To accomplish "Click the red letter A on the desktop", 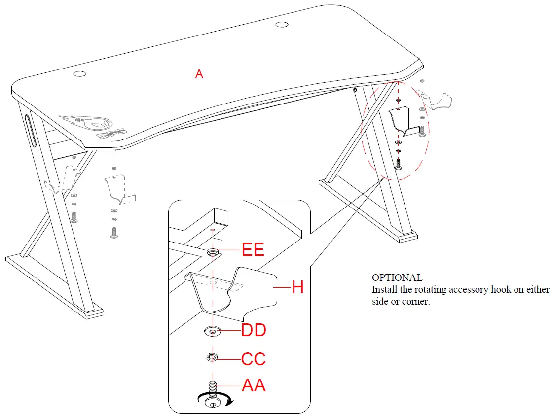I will (x=199, y=74).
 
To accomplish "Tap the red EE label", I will (x=253, y=250).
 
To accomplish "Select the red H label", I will (x=297, y=287).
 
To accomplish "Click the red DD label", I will (x=254, y=330).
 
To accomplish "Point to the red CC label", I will (x=254, y=359).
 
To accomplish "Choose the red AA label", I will (x=254, y=385).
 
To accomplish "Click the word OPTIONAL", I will (x=397, y=277).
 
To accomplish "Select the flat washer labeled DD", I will (x=213, y=331).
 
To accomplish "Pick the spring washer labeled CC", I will (x=212, y=357).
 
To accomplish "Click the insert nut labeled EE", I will (x=213, y=252).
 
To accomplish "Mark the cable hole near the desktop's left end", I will (x=79, y=74).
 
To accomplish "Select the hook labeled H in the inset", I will (x=232, y=291).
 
